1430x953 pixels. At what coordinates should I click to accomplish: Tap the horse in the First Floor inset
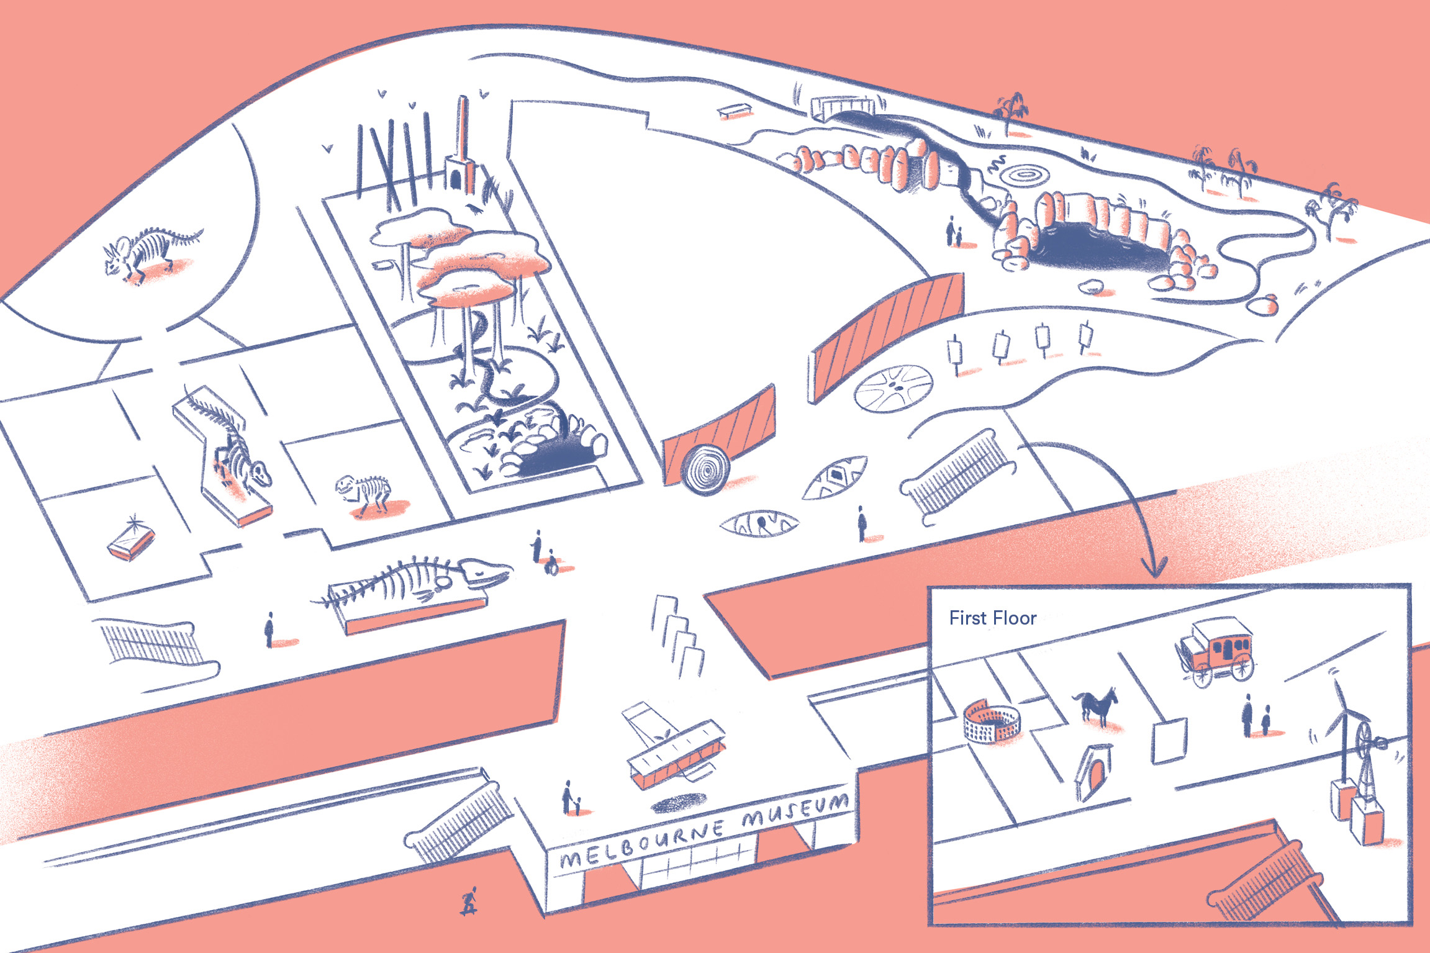(1097, 705)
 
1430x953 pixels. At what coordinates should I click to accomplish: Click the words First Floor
(992, 618)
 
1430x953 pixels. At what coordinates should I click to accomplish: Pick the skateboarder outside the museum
(469, 901)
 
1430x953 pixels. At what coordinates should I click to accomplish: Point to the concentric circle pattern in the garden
(1025, 174)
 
